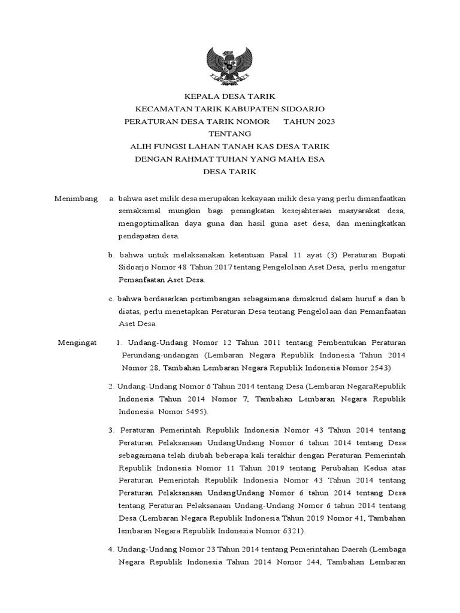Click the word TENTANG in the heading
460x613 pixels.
click(x=230, y=133)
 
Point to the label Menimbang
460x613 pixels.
click(x=75, y=198)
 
